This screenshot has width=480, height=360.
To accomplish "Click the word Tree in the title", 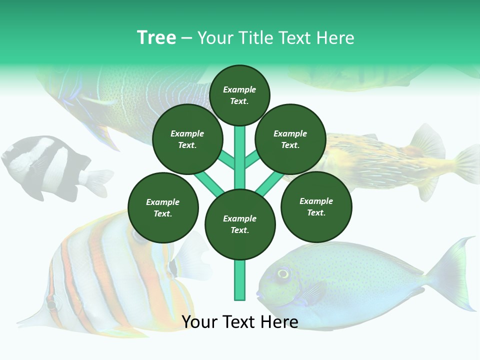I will tap(156, 38).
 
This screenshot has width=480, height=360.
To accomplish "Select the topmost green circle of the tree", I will tap(239, 95).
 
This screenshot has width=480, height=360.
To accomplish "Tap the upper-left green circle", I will tap(187, 139).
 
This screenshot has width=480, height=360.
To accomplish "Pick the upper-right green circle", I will tap(290, 139).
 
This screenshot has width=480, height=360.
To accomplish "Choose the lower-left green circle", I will tap(163, 207).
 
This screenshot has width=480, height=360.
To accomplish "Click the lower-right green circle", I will tap(316, 206).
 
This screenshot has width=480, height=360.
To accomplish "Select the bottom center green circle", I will tap(240, 224).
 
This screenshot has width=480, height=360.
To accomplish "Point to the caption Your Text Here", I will tap(240, 322).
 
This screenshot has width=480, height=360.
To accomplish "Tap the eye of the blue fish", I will tap(283, 273).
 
